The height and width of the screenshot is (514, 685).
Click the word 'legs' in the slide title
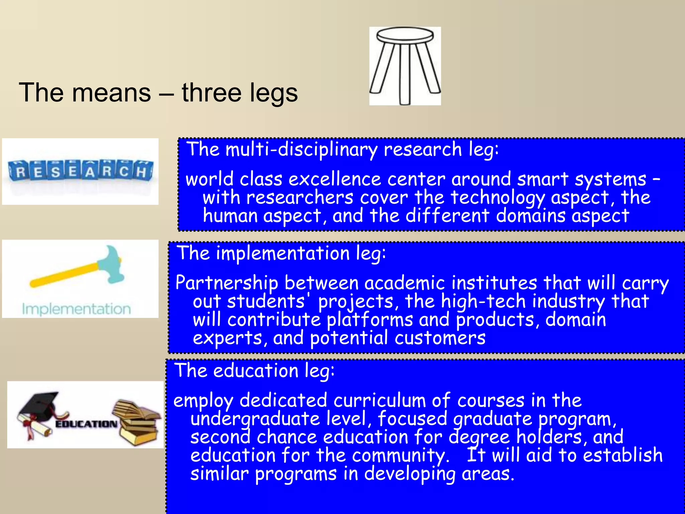pyautogui.click(x=273, y=93)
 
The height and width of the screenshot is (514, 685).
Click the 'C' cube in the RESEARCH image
pyautogui.click(x=124, y=171)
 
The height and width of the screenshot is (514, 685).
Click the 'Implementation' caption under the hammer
pyautogui.click(x=76, y=309)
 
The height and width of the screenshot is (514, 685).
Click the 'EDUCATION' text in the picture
pyautogui.click(x=86, y=424)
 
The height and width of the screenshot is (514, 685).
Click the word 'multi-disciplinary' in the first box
pyautogui.click(x=301, y=149)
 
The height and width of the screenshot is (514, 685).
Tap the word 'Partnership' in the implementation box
pyautogui.click(x=227, y=283)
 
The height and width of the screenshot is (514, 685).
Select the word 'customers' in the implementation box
pyautogui.click(x=440, y=338)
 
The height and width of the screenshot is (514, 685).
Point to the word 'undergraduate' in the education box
pyautogui.click(x=255, y=419)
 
